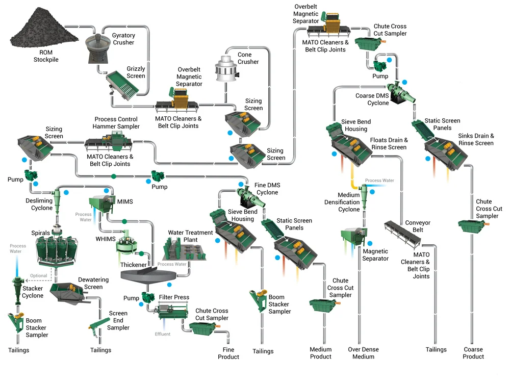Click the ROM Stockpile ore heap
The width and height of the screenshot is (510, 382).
pos(44,29)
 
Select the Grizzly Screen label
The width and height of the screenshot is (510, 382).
pos(136,72)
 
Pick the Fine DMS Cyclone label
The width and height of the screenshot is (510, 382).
pos(267,189)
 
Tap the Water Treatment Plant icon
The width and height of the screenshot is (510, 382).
pos(184,248)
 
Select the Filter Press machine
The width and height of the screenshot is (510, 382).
pos(173,311)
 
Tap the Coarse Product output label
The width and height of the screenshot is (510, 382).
pos(473,353)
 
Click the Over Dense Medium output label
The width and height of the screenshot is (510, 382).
pos(363,353)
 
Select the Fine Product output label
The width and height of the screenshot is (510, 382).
pos(228,353)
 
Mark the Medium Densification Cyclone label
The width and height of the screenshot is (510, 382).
pos(342,202)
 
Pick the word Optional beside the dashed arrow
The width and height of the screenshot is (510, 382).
pos(39,275)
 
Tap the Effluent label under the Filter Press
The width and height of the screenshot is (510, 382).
pos(163,334)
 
